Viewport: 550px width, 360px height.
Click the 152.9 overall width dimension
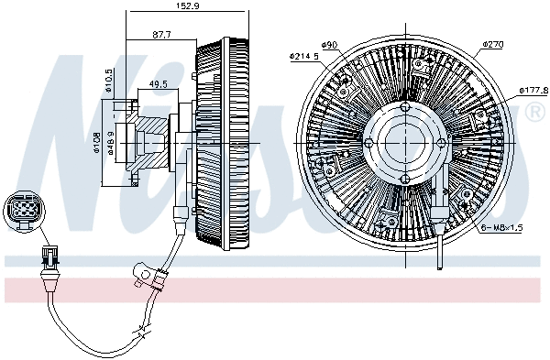pos(189,6)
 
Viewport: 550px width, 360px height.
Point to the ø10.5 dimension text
pos(108,80)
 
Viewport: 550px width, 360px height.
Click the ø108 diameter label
pos(97,144)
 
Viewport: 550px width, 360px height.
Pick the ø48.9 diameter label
pos(111,144)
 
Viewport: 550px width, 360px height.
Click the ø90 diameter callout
pos(330,44)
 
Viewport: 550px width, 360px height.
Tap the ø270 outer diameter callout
pos(494,43)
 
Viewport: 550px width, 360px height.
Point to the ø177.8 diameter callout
pos(533,90)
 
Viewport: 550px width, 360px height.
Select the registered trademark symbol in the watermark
pos(533,113)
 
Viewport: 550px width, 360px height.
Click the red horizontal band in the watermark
pos(275,292)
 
